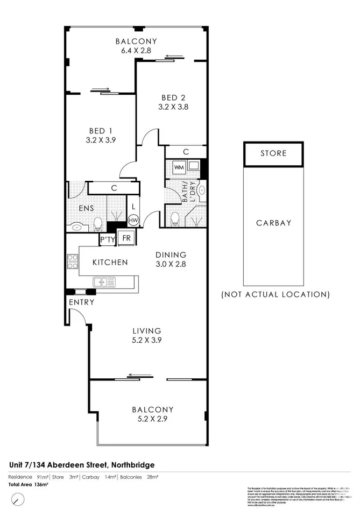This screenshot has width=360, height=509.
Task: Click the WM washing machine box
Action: [x=178, y=167]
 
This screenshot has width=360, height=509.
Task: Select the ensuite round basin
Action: [x=77, y=228]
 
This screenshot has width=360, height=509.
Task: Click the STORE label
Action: [x=273, y=153]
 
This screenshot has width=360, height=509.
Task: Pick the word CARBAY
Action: [x=273, y=223]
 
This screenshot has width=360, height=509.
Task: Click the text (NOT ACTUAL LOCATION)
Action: [x=276, y=294]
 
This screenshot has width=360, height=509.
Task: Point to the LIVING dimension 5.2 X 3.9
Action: [x=147, y=340]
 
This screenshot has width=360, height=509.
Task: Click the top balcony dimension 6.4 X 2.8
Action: [x=136, y=50]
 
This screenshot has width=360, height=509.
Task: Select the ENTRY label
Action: [x=81, y=302]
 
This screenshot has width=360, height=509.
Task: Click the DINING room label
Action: [x=171, y=255]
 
